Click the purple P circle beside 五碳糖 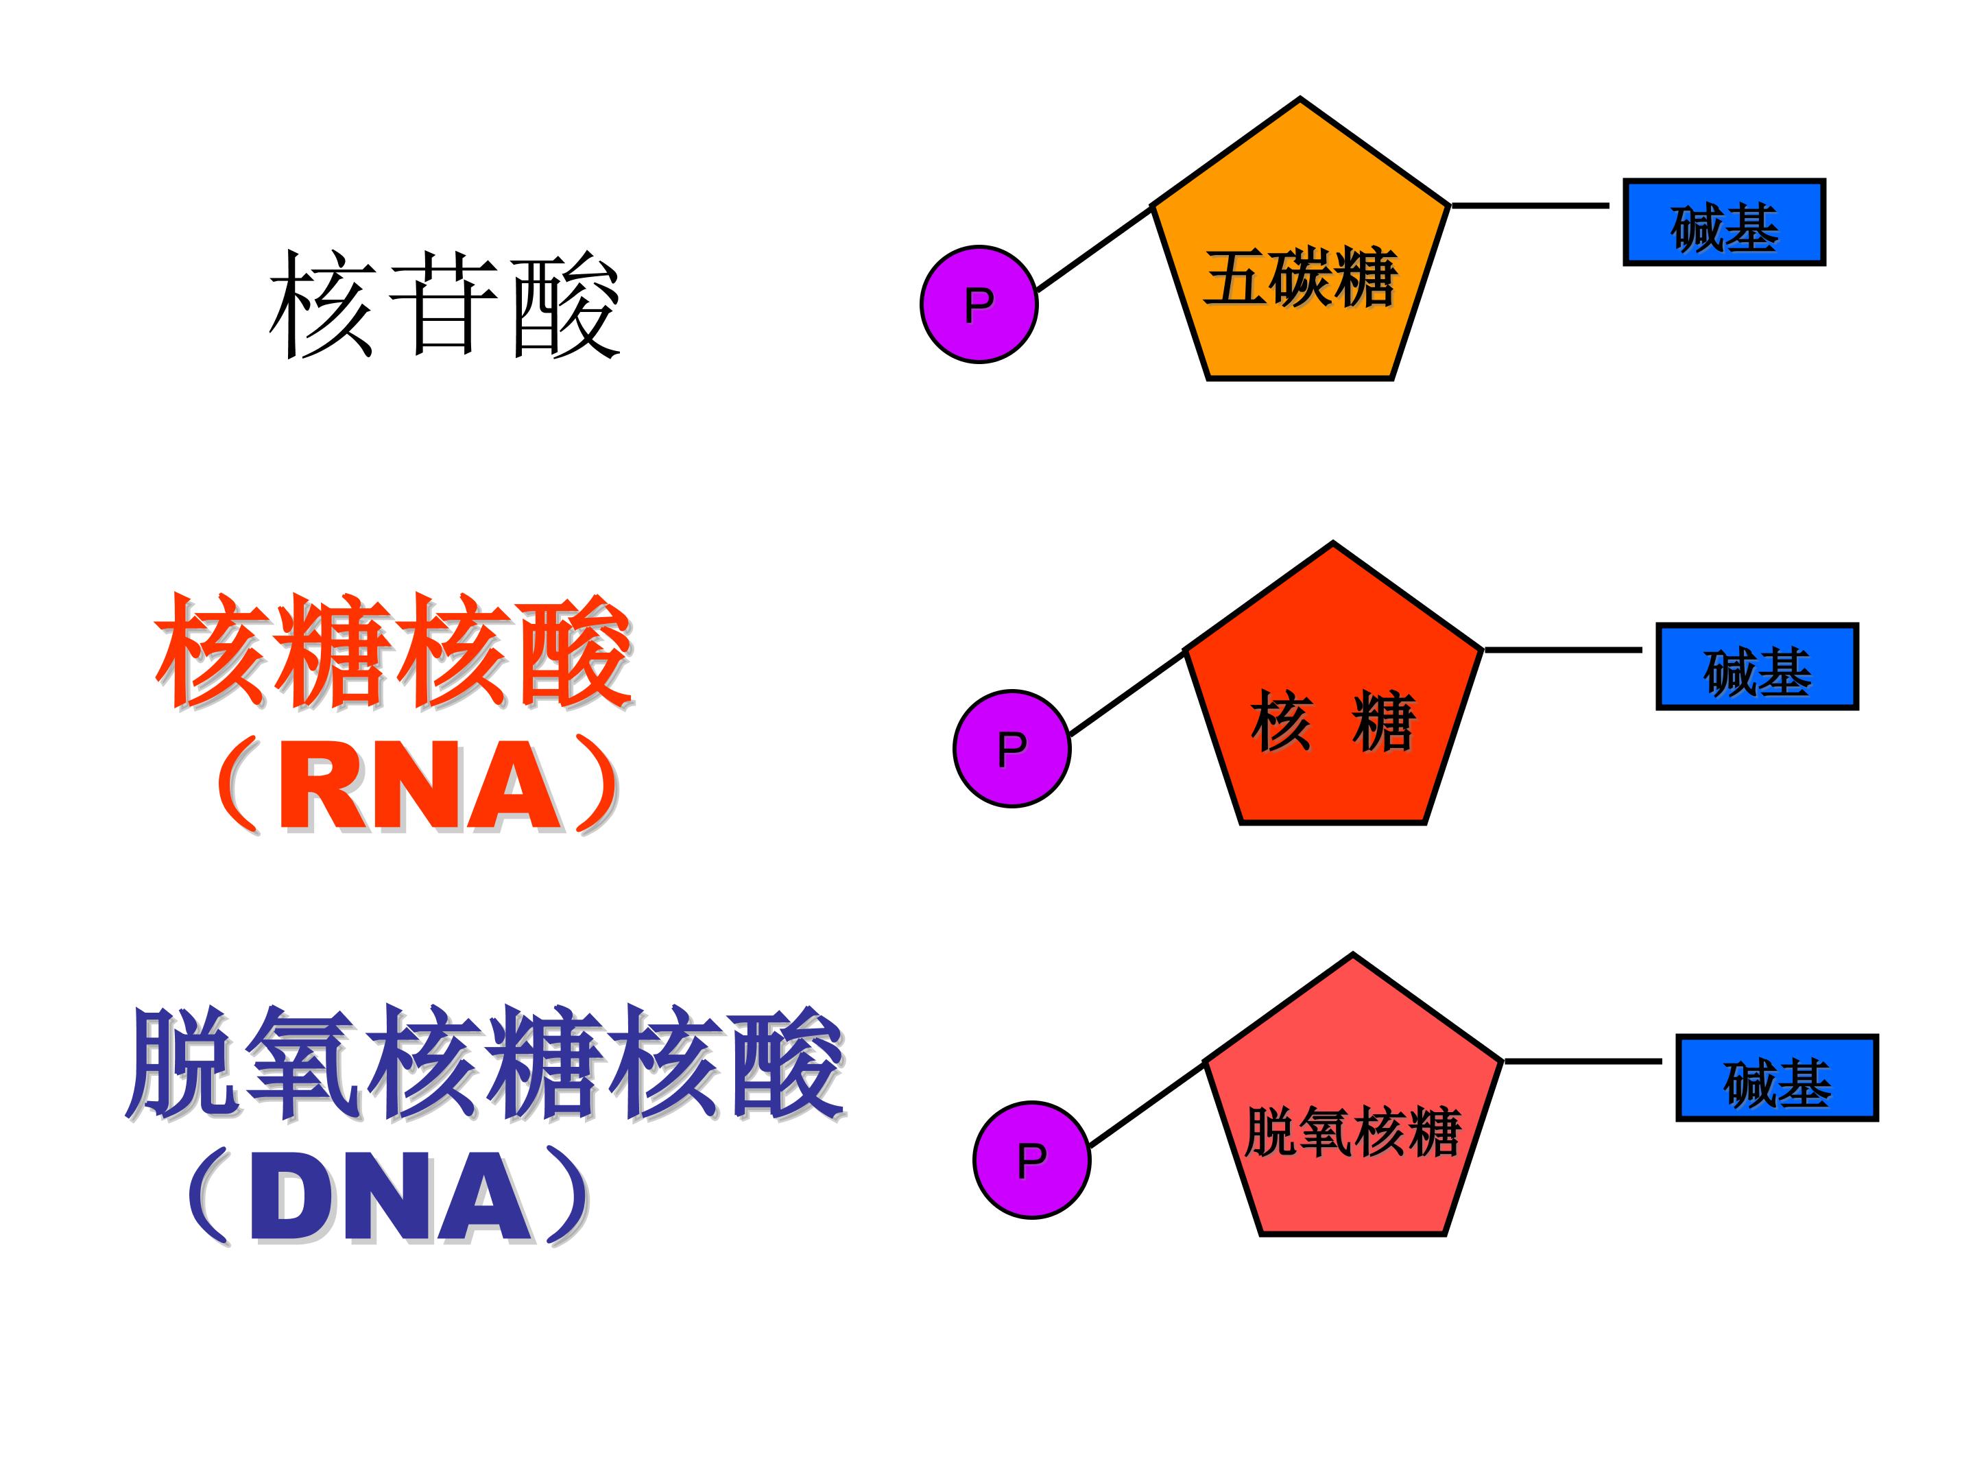click(979, 304)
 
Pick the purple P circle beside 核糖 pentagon click(1012, 748)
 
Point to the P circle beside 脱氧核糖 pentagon click(1031, 1159)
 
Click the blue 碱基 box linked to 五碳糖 click(1723, 222)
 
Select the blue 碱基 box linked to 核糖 click(1756, 667)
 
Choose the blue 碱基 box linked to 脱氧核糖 click(1777, 1078)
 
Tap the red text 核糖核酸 click(393, 651)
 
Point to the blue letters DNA click(390, 1198)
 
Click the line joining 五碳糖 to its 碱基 click(1529, 205)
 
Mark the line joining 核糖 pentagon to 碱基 click(1562, 650)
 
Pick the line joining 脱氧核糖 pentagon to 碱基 click(1582, 1061)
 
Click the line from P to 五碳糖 click(1094, 248)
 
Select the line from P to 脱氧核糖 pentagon click(1147, 1105)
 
